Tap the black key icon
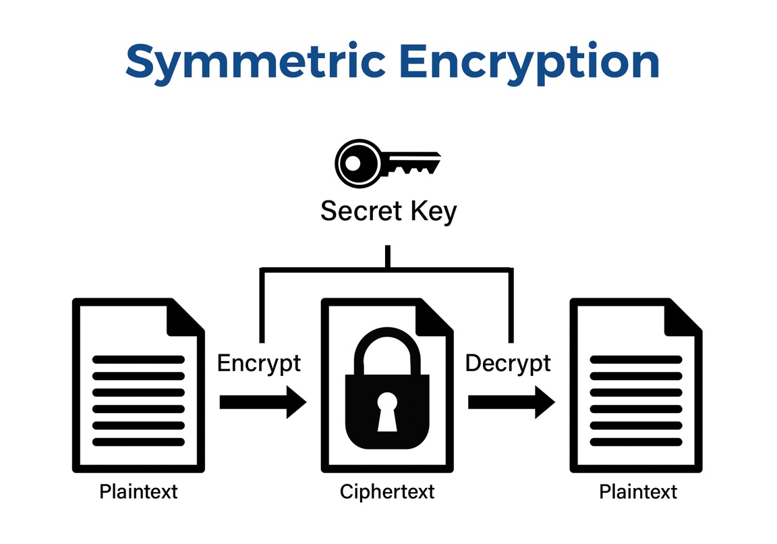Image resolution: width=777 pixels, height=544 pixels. click(x=387, y=163)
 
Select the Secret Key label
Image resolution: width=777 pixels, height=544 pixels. click(x=388, y=211)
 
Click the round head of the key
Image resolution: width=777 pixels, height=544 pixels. click(x=353, y=163)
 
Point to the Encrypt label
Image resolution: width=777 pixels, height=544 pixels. click(x=259, y=363)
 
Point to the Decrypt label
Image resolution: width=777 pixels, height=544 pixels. click(x=508, y=363)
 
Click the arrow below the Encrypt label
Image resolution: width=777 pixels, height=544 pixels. click(x=262, y=402)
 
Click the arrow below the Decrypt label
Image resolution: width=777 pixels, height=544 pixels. click(x=511, y=402)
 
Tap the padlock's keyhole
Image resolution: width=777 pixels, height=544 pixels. click(x=387, y=412)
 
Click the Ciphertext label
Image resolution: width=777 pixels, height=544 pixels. click(x=387, y=491)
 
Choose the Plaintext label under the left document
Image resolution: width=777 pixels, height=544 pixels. click(x=138, y=491)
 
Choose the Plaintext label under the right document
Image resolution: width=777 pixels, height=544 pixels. click(x=638, y=491)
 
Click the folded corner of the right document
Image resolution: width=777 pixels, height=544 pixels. click(x=684, y=315)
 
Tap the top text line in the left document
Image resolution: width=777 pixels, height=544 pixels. click(x=138, y=360)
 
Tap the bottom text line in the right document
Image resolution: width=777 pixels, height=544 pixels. click(x=636, y=442)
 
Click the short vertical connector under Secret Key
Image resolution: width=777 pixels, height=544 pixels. click(x=387, y=257)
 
